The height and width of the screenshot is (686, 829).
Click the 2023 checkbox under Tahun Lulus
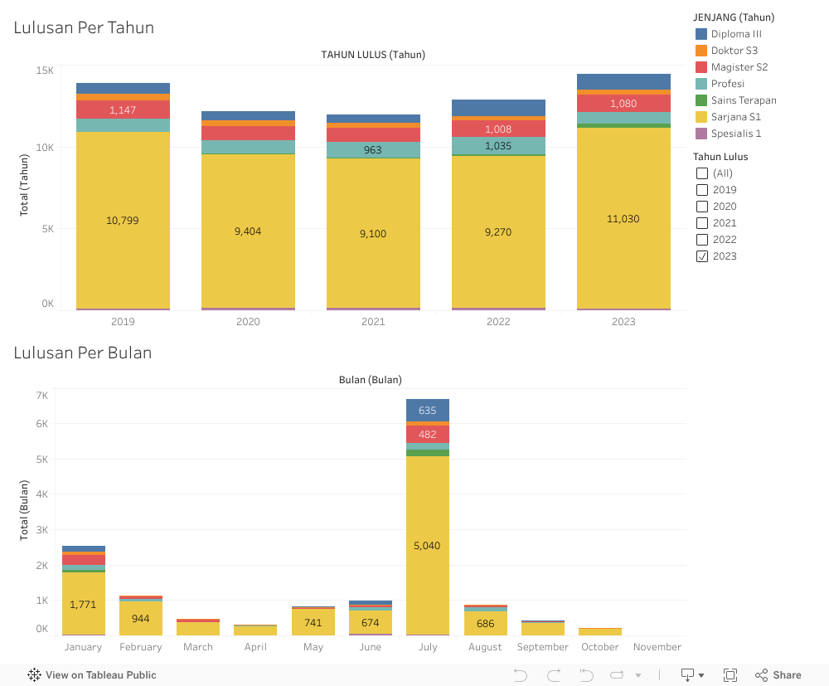[x=702, y=256]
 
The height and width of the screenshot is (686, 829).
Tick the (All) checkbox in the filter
[x=702, y=173]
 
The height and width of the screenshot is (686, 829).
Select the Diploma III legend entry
[x=736, y=34]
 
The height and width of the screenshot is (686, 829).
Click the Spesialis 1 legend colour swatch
[x=701, y=134]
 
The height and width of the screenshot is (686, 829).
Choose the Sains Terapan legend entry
[x=743, y=100]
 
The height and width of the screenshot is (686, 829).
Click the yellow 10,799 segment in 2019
[x=123, y=220]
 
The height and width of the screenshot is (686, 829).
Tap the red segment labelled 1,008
[x=498, y=129]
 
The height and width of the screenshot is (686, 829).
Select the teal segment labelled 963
[x=373, y=150]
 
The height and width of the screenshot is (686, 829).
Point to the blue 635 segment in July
[x=428, y=410]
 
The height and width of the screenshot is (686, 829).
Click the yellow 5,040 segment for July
[x=428, y=545]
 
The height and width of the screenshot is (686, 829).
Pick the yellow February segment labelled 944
[x=141, y=618]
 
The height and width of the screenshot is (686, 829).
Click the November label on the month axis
[x=657, y=647]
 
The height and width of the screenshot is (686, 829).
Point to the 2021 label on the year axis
[x=373, y=322]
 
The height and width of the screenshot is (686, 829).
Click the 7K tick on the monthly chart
[x=41, y=396]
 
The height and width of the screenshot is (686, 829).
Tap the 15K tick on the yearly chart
[x=45, y=71]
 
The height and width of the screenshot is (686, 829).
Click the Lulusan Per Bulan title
[x=83, y=353]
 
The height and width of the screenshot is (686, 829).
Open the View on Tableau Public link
[x=92, y=675]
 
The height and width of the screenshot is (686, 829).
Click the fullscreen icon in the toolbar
[x=730, y=675]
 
